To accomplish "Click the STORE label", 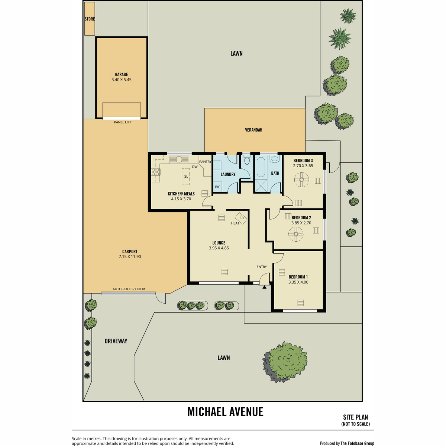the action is [90, 19].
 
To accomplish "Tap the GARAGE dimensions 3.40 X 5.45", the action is [122, 80].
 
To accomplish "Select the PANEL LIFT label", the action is [122, 122].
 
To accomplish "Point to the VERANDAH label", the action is [254, 130].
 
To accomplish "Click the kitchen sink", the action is [179, 159].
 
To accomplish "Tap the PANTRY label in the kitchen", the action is [205, 162].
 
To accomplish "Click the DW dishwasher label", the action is [195, 167].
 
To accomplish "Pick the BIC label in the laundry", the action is [217, 187].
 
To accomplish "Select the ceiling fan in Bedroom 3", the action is [301, 180].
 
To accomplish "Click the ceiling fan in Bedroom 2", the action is [296, 234].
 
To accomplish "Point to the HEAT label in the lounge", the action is [235, 223].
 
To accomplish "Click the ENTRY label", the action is [262, 267].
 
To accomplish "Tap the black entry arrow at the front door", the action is [264, 287].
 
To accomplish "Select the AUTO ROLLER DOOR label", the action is [129, 289].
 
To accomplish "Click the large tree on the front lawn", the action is [285, 362].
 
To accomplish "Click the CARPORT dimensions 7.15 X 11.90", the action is [130, 256].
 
